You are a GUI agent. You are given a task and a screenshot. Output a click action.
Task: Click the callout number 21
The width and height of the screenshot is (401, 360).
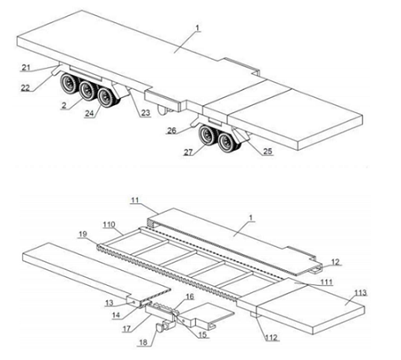coord(26,68)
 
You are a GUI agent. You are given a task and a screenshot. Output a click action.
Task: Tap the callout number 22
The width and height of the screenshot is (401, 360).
coord(26,87)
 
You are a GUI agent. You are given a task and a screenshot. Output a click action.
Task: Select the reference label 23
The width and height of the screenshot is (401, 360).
coord(145,113)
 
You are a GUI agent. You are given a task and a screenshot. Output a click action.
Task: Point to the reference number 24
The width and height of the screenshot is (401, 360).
coord(89,113)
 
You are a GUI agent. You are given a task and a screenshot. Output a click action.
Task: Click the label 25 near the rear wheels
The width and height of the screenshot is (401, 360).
coord(267,151)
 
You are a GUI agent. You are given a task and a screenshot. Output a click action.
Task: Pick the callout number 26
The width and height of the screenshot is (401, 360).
coord(172,130)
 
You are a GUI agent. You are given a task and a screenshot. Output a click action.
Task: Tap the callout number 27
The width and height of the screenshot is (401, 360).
coord(188,152)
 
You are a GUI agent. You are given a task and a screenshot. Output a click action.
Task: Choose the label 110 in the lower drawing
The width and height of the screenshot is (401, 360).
coord(109,225)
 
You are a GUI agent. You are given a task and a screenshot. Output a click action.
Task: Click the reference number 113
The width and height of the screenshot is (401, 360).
coord(361,293)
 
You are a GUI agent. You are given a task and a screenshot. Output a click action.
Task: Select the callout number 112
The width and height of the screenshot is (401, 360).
coord(271,338)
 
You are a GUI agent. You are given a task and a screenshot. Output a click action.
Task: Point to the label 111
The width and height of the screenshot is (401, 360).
coord(326,282)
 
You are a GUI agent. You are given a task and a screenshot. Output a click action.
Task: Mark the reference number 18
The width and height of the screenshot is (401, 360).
coord(143,342)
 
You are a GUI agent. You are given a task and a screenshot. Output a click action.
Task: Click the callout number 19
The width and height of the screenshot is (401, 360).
coord(83,234)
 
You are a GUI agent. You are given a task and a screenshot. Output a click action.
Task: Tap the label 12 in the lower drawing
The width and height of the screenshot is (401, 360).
coord(335,262)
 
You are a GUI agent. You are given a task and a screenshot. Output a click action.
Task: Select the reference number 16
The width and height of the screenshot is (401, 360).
coord(190,297)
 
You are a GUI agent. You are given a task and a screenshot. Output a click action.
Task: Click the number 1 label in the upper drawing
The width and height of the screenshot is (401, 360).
coord(198,29)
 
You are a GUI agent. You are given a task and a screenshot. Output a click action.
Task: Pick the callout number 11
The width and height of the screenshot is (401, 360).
coord(135,200)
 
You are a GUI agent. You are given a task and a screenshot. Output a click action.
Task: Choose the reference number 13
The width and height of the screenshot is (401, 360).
coord(110,303)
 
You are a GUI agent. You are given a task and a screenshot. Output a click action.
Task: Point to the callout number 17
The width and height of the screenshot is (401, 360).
coord(127,329)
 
